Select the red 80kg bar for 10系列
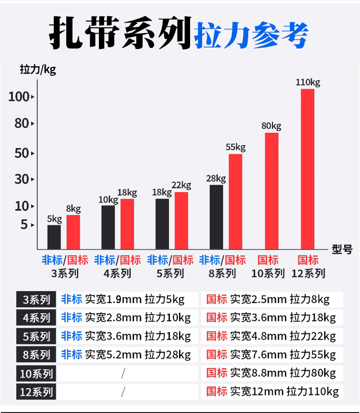[x=271, y=191]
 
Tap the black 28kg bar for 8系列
[x=216, y=217]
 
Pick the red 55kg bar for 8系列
[x=235, y=201]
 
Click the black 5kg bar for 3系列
[x=54, y=237]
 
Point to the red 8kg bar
[x=73, y=232]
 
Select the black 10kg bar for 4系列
[x=108, y=227]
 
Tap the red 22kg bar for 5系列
[x=181, y=221]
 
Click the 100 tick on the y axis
[x=19, y=96]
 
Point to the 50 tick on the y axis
[x=23, y=153]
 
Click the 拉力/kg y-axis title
[x=38, y=70]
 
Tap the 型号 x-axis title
[x=342, y=249]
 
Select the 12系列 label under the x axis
[x=308, y=273]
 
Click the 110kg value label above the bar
[x=308, y=82]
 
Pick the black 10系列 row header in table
[x=36, y=373]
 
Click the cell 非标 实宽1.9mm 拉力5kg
[x=123, y=300]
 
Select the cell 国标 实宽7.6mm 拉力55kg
[x=271, y=354]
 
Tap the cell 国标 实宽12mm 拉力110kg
[x=272, y=391]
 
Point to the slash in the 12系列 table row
[x=123, y=392]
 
